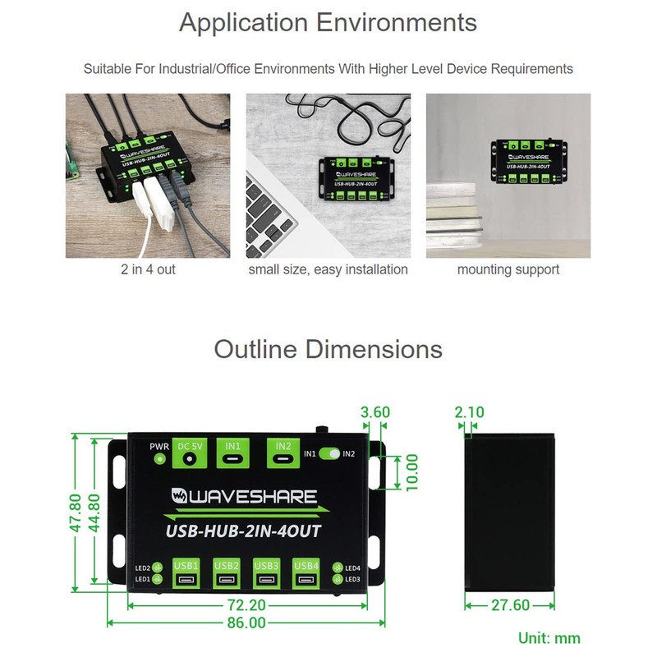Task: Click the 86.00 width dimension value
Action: point(246,623)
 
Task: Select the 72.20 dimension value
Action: point(246,605)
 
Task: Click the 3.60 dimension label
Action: point(374,411)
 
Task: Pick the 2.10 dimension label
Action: point(469,411)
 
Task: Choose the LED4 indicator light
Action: point(337,567)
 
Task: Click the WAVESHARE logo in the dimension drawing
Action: point(244,496)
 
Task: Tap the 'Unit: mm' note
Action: point(549,638)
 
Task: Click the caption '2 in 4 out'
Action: point(148,269)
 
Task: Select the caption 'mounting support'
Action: point(508,269)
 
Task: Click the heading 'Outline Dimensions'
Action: point(328,349)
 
